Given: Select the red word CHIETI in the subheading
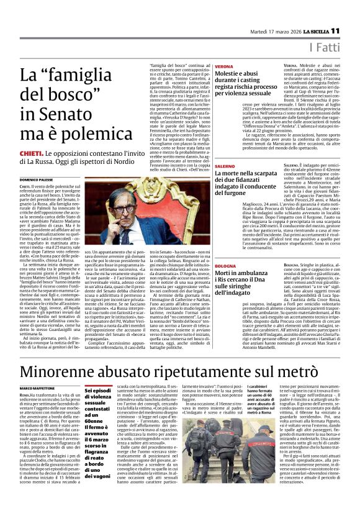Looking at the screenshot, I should (32, 153).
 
